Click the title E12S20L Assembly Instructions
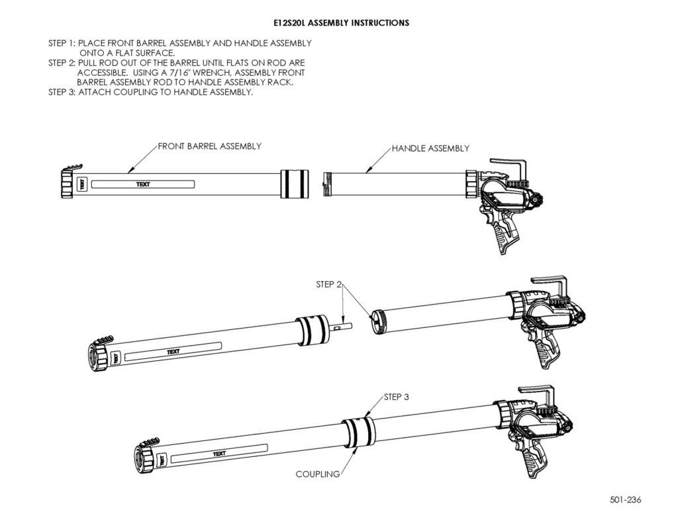341,23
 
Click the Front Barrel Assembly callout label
210,146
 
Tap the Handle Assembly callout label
430,149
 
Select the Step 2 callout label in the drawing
328,284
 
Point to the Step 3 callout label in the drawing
396,397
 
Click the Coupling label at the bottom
318,474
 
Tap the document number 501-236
626,500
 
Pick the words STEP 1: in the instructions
62,43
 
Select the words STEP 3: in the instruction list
62,92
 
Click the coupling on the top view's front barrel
295,184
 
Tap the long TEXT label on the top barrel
143,184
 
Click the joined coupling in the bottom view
357,431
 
